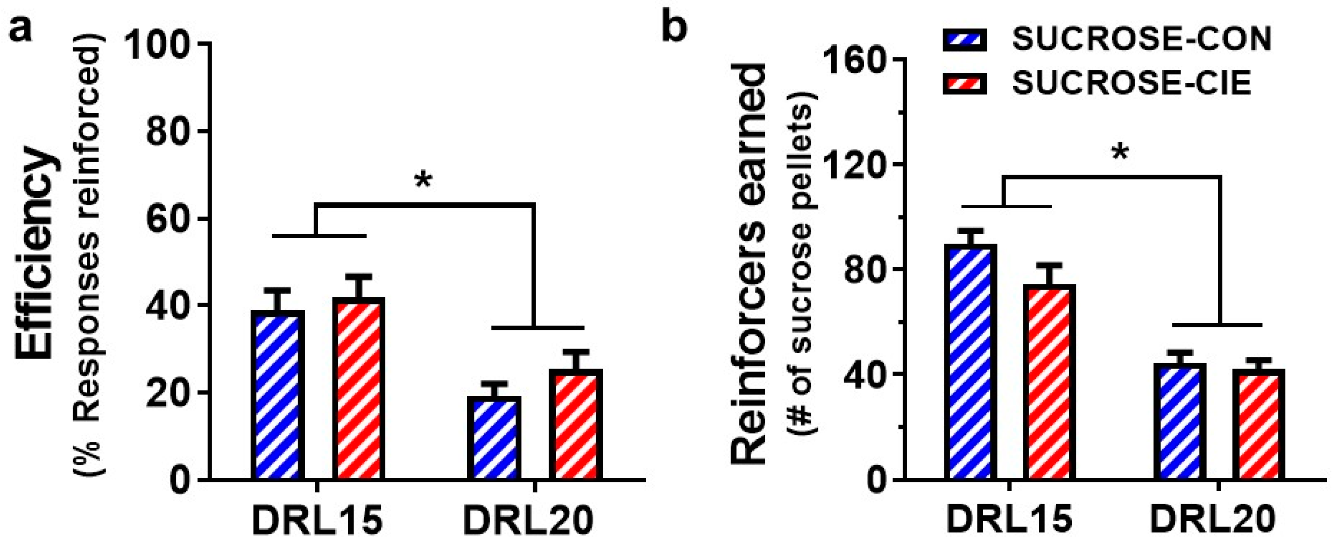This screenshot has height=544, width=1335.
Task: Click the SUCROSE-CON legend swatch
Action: click(x=964, y=40)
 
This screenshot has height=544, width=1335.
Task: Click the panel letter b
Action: click(x=675, y=27)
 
